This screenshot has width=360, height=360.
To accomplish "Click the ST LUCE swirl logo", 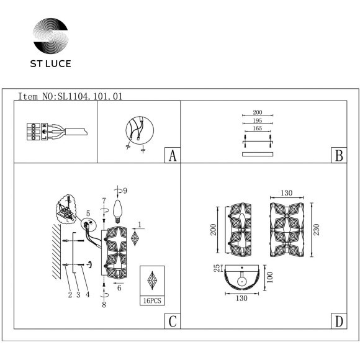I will (51, 38).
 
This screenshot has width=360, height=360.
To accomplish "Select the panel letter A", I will (171, 155).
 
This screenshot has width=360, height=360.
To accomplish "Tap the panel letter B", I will (338, 155).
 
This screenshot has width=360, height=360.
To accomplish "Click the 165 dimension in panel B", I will (257, 127).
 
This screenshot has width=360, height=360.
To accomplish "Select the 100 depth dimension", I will (270, 274).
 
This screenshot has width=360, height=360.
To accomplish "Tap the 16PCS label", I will (152, 299).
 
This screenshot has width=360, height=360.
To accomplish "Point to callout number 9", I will (125, 190).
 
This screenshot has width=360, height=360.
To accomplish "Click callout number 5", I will (88, 212).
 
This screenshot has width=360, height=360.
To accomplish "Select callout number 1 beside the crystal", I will (140, 225).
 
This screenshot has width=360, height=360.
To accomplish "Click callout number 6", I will (119, 287).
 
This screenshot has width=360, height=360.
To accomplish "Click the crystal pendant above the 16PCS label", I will (151, 281).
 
